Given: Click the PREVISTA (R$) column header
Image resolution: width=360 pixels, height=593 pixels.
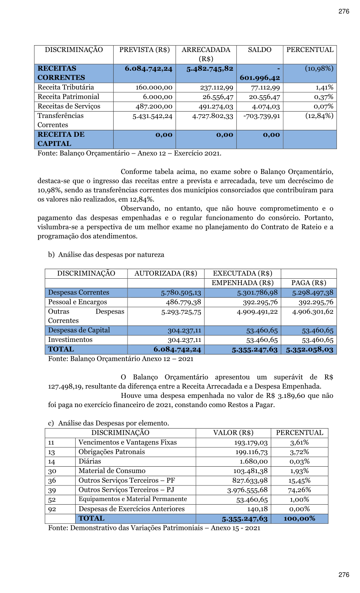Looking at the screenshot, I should (x=144, y=50).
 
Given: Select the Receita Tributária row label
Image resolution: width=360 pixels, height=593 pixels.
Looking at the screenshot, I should (x=66, y=87).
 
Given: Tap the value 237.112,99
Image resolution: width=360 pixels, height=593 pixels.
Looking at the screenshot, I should (x=216, y=88).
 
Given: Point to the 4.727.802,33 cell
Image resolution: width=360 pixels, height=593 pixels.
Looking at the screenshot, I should (x=212, y=116).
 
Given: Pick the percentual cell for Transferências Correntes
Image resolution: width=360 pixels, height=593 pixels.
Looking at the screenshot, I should (x=319, y=116).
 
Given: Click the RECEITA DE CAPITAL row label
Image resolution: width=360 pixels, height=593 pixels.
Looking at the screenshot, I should (x=61, y=139).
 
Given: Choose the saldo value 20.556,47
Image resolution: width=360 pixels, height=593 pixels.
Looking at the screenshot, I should (x=264, y=97).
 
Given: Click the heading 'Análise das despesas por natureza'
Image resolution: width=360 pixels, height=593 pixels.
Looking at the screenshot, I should (x=111, y=255).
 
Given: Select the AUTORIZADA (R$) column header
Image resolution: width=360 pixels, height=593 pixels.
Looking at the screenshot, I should (x=166, y=274).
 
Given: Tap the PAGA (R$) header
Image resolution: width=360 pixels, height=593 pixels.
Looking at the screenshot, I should (x=308, y=283).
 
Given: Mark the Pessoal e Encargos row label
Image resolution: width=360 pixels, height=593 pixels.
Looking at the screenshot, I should (x=78, y=302).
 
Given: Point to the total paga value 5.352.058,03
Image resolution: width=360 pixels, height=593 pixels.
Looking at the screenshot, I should (x=309, y=350).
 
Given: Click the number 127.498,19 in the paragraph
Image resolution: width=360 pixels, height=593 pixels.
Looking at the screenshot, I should (x=66, y=387).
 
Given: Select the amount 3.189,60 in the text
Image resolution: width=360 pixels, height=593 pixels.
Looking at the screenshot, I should (x=286, y=396).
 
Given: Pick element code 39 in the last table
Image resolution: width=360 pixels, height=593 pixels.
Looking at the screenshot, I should (x=52, y=490).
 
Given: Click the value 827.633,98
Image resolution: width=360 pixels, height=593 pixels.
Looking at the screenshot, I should (x=250, y=481).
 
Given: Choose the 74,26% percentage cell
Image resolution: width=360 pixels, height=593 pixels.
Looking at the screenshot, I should (x=299, y=490).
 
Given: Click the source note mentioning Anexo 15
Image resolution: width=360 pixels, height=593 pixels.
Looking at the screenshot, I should (x=154, y=528).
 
